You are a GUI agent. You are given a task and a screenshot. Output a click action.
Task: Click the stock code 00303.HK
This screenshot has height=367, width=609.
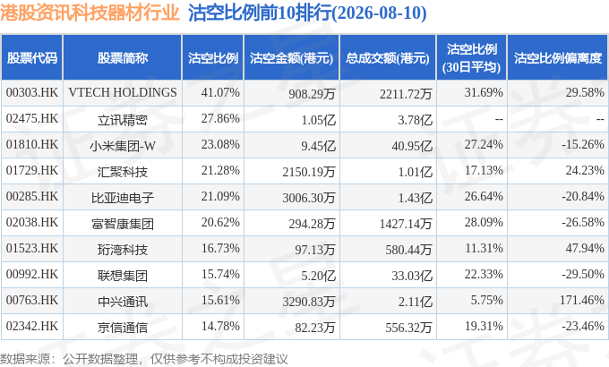[x=32, y=92]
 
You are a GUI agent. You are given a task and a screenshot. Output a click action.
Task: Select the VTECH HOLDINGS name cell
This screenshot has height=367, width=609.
[x=123, y=92]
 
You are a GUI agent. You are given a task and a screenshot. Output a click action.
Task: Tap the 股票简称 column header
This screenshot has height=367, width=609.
[x=123, y=58]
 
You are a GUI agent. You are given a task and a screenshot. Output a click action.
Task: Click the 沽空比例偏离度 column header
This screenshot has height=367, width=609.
[x=558, y=58]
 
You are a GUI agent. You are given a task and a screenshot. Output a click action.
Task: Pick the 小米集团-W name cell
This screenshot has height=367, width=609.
[x=123, y=146]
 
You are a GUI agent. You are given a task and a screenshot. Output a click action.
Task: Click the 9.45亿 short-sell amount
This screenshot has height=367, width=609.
[x=318, y=146]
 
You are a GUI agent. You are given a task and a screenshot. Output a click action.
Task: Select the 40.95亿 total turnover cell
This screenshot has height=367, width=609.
[x=412, y=146]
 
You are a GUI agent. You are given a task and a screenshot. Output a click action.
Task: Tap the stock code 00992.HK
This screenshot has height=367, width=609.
[x=32, y=274]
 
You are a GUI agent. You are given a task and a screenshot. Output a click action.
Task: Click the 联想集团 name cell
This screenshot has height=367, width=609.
[x=123, y=276]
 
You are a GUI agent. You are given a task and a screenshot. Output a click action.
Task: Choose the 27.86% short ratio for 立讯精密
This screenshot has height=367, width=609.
[x=220, y=118]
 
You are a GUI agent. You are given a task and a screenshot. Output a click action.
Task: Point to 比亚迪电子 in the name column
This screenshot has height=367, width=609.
[x=123, y=198]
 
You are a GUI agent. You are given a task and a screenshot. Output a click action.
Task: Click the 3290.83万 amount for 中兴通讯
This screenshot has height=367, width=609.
[x=309, y=302]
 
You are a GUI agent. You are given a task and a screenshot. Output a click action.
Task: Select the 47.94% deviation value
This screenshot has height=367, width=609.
[x=585, y=248]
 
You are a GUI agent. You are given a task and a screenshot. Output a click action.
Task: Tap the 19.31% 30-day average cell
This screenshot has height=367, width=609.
[x=484, y=326]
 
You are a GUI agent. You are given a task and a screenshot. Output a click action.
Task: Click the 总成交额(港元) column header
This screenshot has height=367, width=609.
[x=388, y=58]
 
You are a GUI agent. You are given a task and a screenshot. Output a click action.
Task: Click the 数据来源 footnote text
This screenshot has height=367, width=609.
[x=25, y=359]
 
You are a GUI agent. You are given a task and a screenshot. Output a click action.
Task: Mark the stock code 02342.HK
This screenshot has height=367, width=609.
[x=32, y=326]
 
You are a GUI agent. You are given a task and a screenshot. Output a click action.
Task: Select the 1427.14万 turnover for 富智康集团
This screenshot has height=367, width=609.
[x=406, y=224]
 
